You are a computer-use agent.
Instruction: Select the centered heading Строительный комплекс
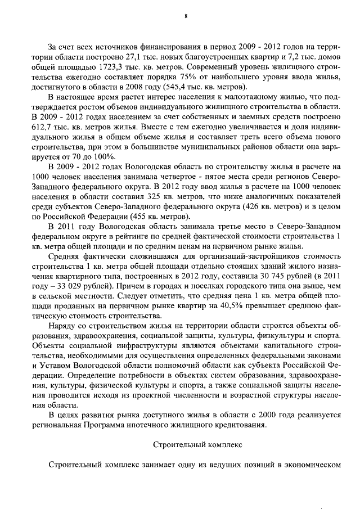coord(197,445)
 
